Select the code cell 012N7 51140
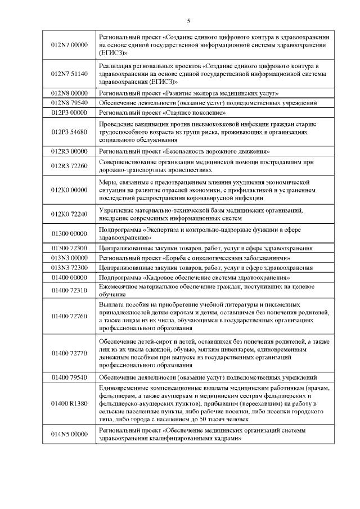tap(69, 74)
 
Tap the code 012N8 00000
tap(69, 93)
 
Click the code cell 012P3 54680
tap(69, 132)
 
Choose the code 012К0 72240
tap(69, 214)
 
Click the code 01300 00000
tap(69, 233)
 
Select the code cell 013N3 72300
tap(69, 268)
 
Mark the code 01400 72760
tap(69, 316)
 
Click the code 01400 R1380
tap(69, 404)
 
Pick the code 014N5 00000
tap(69, 434)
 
